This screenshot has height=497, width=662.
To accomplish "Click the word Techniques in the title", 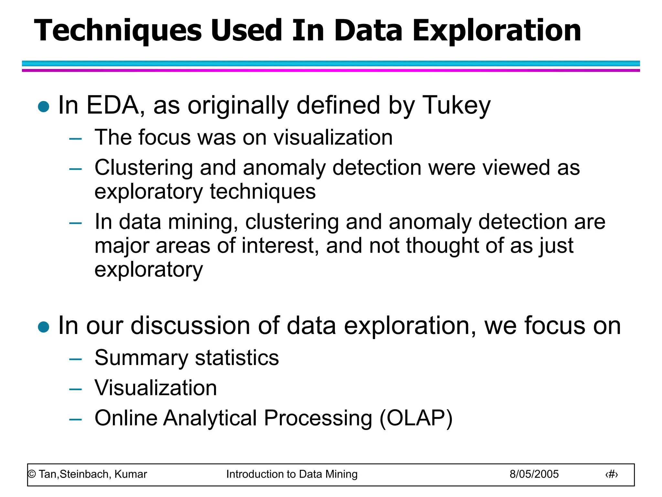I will pyautogui.click(x=118, y=31).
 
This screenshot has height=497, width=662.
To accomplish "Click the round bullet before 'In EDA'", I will pyautogui.click(x=44, y=106).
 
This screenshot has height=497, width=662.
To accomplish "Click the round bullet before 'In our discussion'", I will pyautogui.click(x=44, y=327).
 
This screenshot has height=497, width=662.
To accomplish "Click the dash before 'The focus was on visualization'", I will pyautogui.click(x=75, y=139).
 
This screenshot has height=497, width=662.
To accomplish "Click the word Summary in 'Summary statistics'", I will pyautogui.click(x=141, y=358).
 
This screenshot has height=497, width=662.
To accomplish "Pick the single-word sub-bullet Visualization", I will pyautogui.click(x=155, y=388).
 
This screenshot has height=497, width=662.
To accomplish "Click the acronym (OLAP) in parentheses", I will pyautogui.click(x=416, y=418).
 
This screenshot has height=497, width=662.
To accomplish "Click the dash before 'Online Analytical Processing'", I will pyautogui.click(x=75, y=419).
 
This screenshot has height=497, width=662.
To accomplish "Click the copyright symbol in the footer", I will pyautogui.click(x=32, y=474).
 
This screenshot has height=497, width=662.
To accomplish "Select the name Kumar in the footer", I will pyautogui.click(x=131, y=474).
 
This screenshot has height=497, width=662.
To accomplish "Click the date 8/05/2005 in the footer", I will pyautogui.click(x=534, y=474).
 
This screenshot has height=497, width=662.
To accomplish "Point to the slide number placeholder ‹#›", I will pyautogui.click(x=611, y=475).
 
